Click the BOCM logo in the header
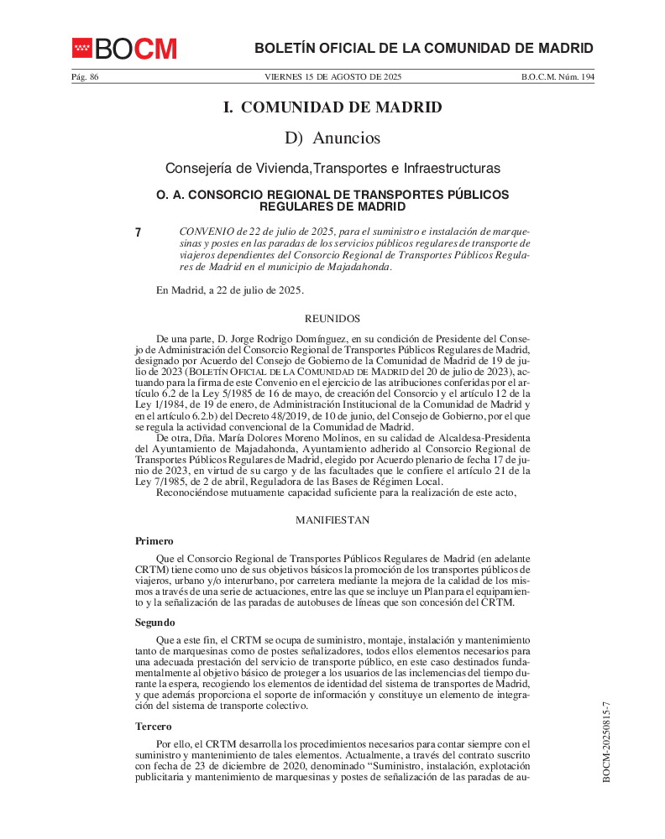[124, 49]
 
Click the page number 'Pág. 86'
[85, 77]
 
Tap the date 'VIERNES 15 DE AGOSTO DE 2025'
[332, 77]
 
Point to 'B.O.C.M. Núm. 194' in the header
[558, 77]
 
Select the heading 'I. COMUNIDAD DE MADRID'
[332, 107]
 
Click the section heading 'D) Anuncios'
[332, 138]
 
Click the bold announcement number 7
[139, 232]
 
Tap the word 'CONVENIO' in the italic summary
[207, 231]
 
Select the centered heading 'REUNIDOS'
[332, 319]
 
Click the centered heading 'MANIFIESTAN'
[332, 520]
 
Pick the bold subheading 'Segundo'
[155, 623]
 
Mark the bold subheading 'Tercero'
[154, 727]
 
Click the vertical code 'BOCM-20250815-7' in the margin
[606, 743]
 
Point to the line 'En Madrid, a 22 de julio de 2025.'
[230, 290]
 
